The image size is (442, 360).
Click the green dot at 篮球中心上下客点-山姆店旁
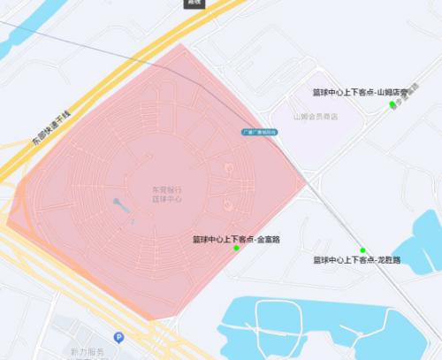392,104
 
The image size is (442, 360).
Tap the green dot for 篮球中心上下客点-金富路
236,249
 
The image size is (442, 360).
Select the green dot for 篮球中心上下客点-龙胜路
362,251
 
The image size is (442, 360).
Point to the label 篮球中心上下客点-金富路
231,239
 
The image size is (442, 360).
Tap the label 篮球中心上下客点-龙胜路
357,261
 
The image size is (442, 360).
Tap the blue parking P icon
118,337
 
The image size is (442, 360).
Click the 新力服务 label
87,352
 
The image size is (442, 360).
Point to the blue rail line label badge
260,132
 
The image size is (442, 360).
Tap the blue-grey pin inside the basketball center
118,205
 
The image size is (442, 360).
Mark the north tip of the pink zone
180,43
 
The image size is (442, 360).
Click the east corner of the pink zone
307,186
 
